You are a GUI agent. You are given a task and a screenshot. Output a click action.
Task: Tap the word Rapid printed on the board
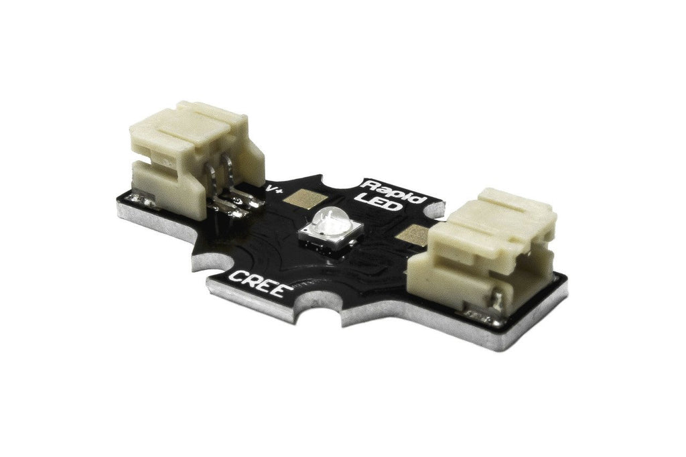pos(395,192)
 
